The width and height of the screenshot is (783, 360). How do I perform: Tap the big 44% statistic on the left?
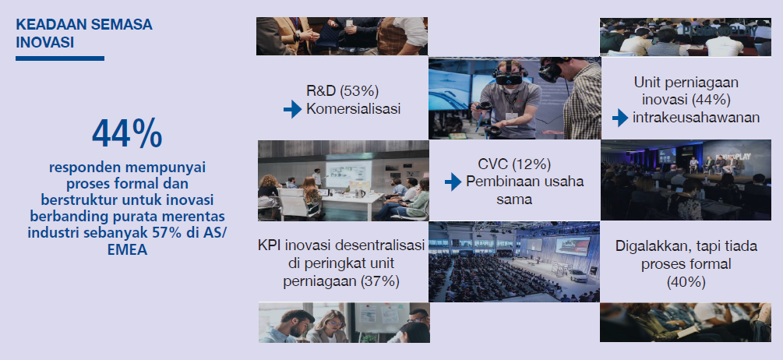[x=127, y=133]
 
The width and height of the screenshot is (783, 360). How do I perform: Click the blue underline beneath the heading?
[x=60, y=58]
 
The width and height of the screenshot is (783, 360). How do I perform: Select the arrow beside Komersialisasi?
[x=293, y=109]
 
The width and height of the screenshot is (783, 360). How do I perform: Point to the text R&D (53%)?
[x=343, y=91]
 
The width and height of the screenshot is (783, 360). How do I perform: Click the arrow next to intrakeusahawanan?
[x=620, y=118]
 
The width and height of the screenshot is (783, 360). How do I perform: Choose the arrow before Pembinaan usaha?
[x=453, y=182]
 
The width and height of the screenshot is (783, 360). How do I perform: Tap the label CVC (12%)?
[x=514, y=164]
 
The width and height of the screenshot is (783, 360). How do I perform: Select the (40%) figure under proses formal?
[x=686, y=282]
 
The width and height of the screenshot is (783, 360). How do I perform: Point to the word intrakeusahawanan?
[x=696, y=118]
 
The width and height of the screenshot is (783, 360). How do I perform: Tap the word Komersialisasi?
[x=354, y=109]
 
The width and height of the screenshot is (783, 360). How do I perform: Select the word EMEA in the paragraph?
[x=127, y=249]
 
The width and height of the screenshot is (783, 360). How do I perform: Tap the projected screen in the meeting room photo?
[x=348, y=174]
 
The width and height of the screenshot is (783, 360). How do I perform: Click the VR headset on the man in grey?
[x=507, y=77]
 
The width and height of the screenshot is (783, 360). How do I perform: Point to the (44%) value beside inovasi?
[x=711, y=100]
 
